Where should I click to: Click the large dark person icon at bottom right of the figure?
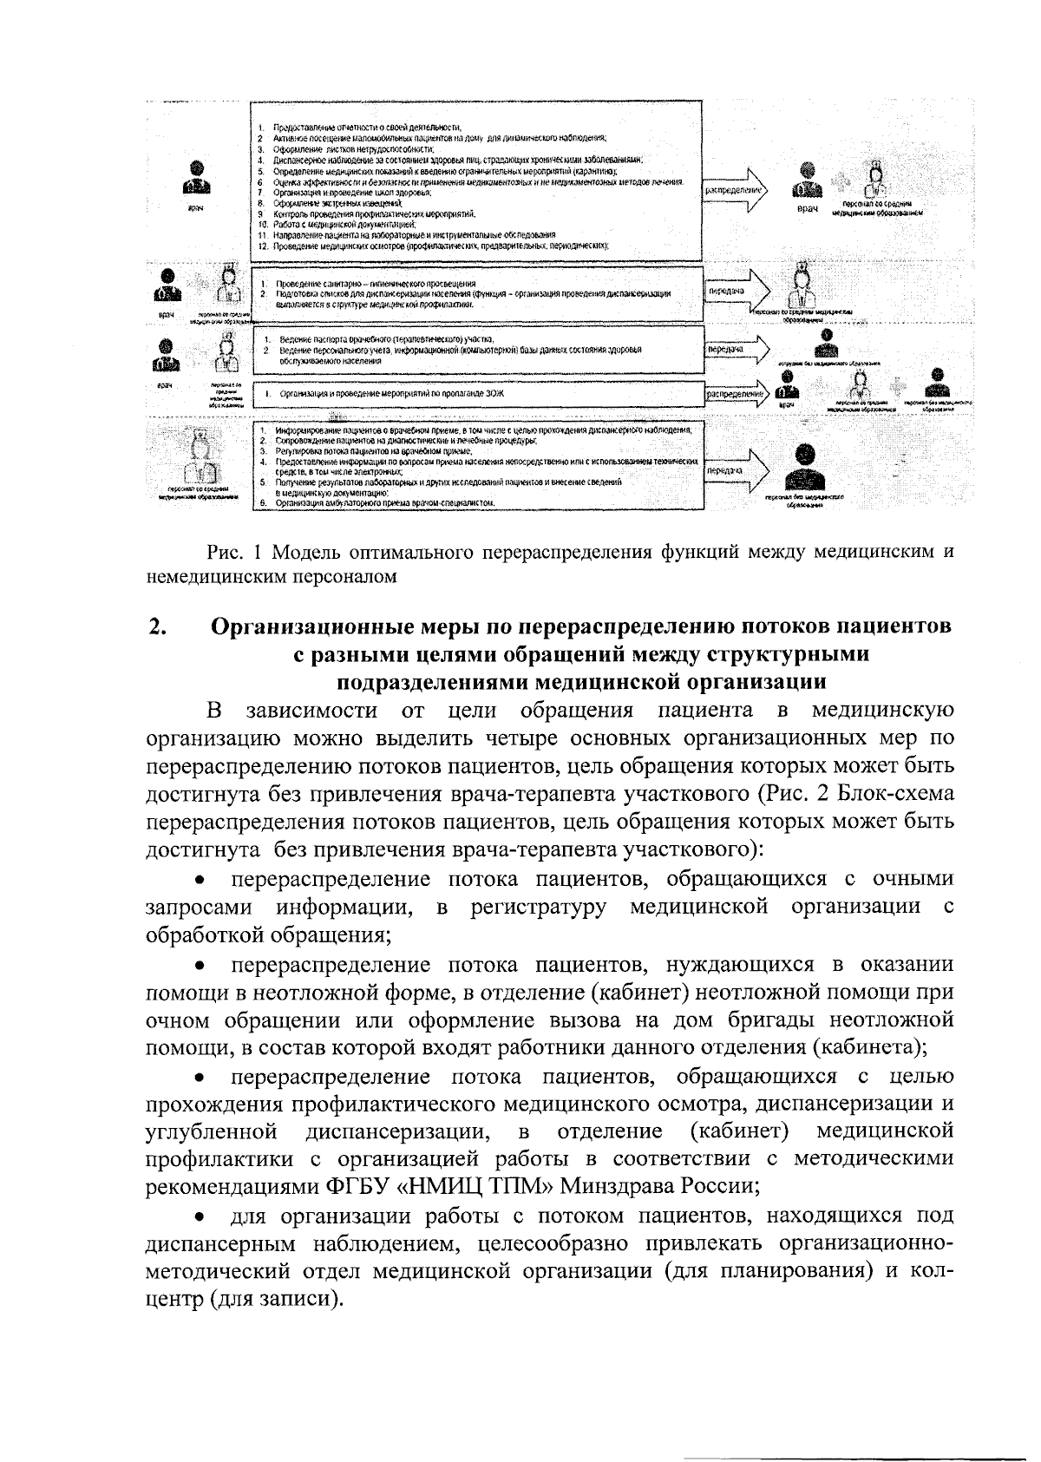[805, 468]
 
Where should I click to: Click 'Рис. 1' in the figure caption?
[233, 553]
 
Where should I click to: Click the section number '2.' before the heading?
[157, 626]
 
